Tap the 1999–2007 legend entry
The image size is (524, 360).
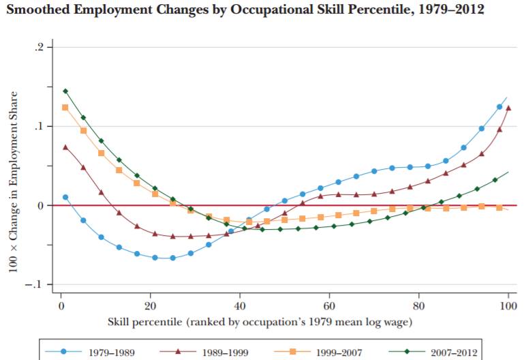(x=321, y=352)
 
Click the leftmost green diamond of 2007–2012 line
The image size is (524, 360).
(x=65, y=91)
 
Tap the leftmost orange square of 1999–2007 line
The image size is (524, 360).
(x=65, y=107)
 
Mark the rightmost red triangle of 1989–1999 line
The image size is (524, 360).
(x=508, y=108)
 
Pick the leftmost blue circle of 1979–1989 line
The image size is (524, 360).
(x=65, y=197)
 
